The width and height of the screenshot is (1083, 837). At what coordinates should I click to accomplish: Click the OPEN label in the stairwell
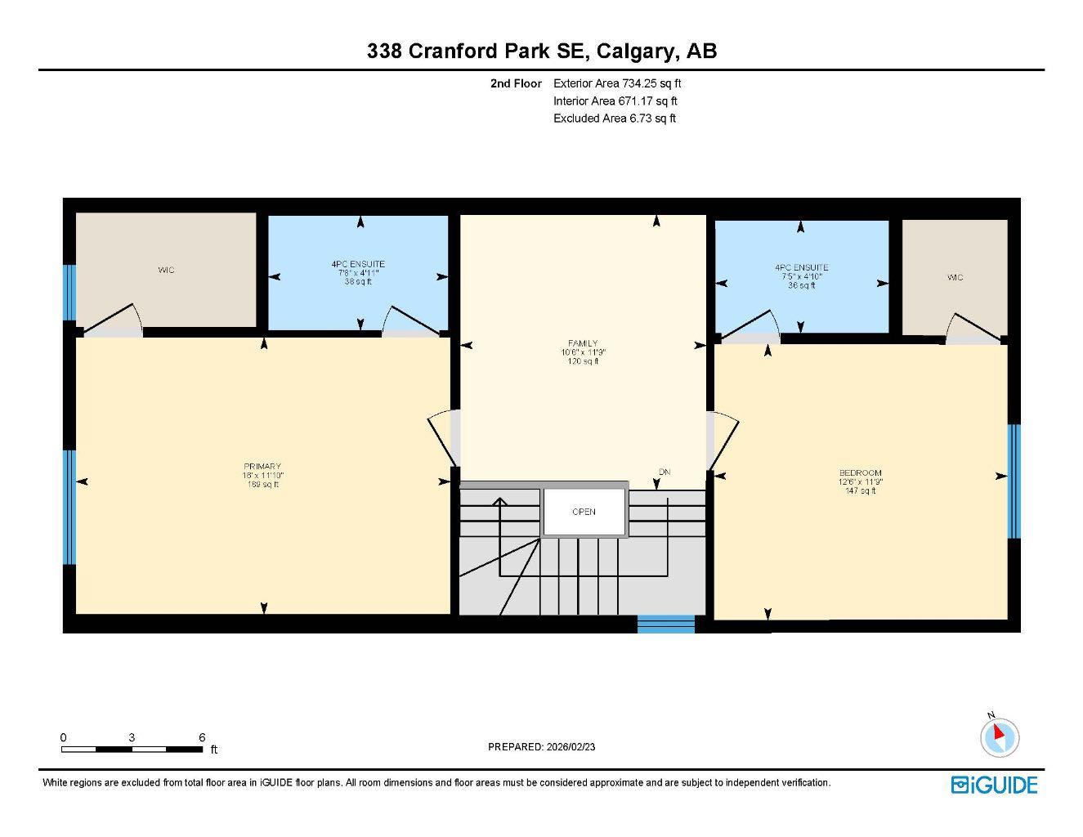[x=584, y=512]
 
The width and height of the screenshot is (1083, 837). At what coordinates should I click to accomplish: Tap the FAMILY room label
[x=583, y=343]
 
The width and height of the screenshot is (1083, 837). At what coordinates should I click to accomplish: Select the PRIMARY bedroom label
[x=262, y=467]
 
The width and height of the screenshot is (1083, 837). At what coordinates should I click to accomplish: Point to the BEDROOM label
[x=860, y=472]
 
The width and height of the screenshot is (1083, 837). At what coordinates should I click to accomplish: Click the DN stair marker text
[x=665, y=472]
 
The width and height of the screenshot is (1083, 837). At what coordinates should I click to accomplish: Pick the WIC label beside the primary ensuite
[x=166, y=270]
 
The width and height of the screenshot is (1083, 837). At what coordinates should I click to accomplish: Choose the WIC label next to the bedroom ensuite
[x=955, y=278]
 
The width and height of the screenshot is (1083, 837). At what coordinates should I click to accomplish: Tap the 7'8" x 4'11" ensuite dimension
[x=358, y=273]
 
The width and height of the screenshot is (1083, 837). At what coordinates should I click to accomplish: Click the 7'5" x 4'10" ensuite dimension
[x=801, y=276]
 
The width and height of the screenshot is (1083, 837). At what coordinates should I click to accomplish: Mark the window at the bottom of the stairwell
[x=666, y=624]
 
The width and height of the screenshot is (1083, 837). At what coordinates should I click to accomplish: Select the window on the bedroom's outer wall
[x=1014, y=481]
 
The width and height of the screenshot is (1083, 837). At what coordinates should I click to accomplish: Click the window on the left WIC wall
[x=69, y=292]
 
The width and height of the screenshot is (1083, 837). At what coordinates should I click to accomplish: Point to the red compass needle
[x=998, y=732]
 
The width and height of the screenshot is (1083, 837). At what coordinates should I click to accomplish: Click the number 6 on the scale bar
[x=202, y=737]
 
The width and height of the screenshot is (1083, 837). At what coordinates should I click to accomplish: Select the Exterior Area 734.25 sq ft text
[x=617, y=83]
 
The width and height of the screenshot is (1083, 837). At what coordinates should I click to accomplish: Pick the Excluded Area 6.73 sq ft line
[x=615, y=119]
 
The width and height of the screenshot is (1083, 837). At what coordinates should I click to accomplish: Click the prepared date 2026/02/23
[x=571, y=747]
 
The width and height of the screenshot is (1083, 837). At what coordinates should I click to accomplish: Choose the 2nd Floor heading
[x=516, y=83]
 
